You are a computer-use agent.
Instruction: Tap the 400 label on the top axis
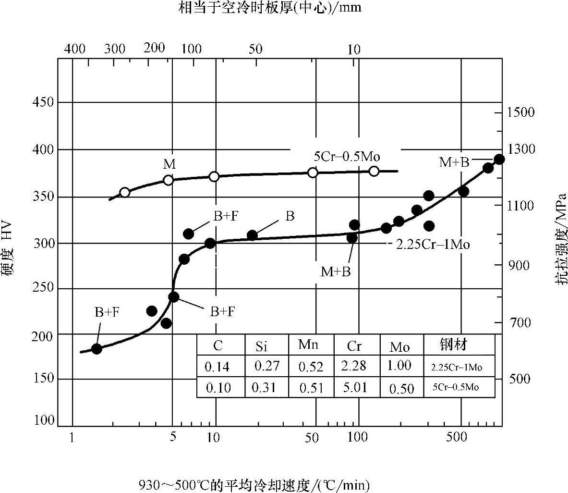tap(75, 49)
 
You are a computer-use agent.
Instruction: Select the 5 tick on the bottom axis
tap(173, 437)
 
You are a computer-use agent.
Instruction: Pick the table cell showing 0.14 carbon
tap(217, 367)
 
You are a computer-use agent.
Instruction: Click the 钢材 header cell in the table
tap(453, 345)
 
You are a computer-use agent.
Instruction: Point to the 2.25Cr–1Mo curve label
tap(433, 244)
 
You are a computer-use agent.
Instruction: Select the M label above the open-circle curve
tap(169, 165)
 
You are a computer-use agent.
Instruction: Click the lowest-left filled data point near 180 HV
tap(97, 349)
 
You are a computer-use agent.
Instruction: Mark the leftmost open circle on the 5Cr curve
tap(125, 192)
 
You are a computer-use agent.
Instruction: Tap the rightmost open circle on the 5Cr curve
tap(374, 171)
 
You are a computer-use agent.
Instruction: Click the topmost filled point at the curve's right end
tap(499, 159)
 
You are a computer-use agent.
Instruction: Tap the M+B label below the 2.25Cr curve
tap(336, 272)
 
